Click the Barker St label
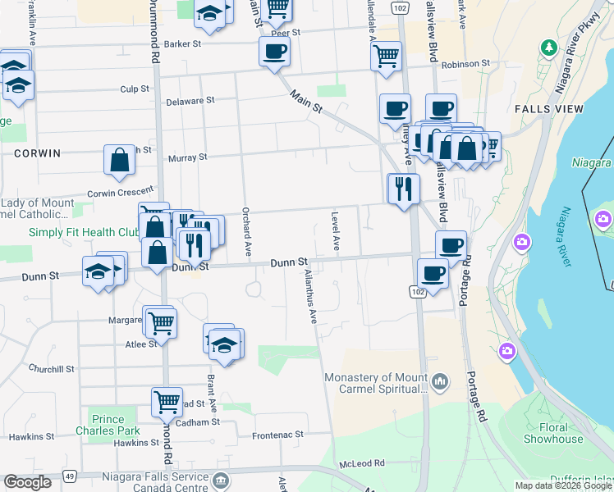[182, 44]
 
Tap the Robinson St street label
[465, 63]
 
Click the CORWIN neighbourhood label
[37, 153]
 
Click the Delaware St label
[190, 100]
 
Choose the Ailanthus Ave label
[310, 294]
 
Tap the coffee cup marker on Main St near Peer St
[274, 51]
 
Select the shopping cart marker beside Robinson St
[386, 56]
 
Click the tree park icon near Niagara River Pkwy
[548, 48]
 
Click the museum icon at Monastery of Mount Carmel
[441, 381]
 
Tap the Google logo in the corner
[27, 482]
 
